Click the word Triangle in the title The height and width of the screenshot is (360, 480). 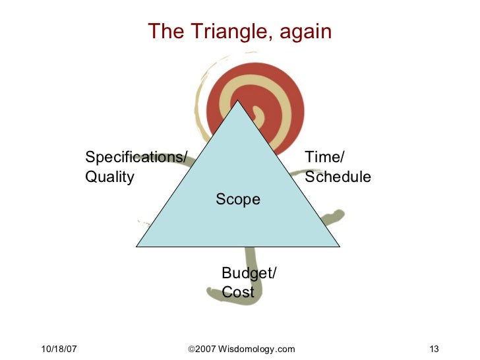(x=218, y=32)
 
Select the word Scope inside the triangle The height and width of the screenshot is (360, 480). (x=238, y=199)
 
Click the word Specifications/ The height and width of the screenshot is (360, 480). (x=136, y=157)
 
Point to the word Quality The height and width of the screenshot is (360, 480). (x=110, y=177)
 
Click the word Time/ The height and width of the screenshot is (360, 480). (x=324, y=157)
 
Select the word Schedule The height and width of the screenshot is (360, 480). (x=338, y=177)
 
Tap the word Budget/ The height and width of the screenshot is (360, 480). (x=249, y=273)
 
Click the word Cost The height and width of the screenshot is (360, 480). (x=238, y=293)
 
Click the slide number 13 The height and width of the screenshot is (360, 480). (x=434, y=349)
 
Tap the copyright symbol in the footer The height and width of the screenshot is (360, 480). (x=191, y=349)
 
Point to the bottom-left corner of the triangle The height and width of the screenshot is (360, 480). (x=137, y=246)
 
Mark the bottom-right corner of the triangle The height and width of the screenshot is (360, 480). (x=339, y=246)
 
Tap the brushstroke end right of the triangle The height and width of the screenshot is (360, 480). (x=338, y=215)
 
